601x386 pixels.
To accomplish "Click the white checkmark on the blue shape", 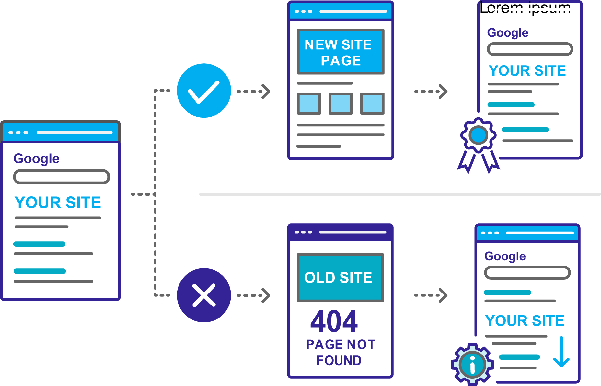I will (x=203, y=92).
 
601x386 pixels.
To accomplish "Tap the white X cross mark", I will (x=204, y=295).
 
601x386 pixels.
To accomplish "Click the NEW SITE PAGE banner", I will (x=341, y=52).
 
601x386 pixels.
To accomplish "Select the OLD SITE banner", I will (x=340, y=278).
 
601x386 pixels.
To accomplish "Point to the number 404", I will (x=334, y=321).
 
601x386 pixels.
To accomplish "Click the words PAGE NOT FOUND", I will (x=340, y=352).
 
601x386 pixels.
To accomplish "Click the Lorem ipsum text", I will (x=525, y=8).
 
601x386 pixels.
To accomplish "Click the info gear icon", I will (x=472, y=364).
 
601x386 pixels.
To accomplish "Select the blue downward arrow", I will (x=561, y=352).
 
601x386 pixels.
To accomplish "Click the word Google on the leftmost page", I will (x=36, y=159).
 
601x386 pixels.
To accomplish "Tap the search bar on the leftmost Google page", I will (x=62, y=177).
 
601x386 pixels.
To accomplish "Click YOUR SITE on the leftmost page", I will (x=58, y=203).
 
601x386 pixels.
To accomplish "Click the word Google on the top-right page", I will (x=507, y=33).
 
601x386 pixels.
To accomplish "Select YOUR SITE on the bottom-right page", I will (x=525, y=321).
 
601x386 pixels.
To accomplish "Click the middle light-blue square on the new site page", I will (x=341, y=104).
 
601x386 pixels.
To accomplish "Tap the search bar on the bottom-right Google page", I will (x=527, y=273).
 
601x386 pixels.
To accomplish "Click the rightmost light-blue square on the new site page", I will (x=372, y=104).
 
